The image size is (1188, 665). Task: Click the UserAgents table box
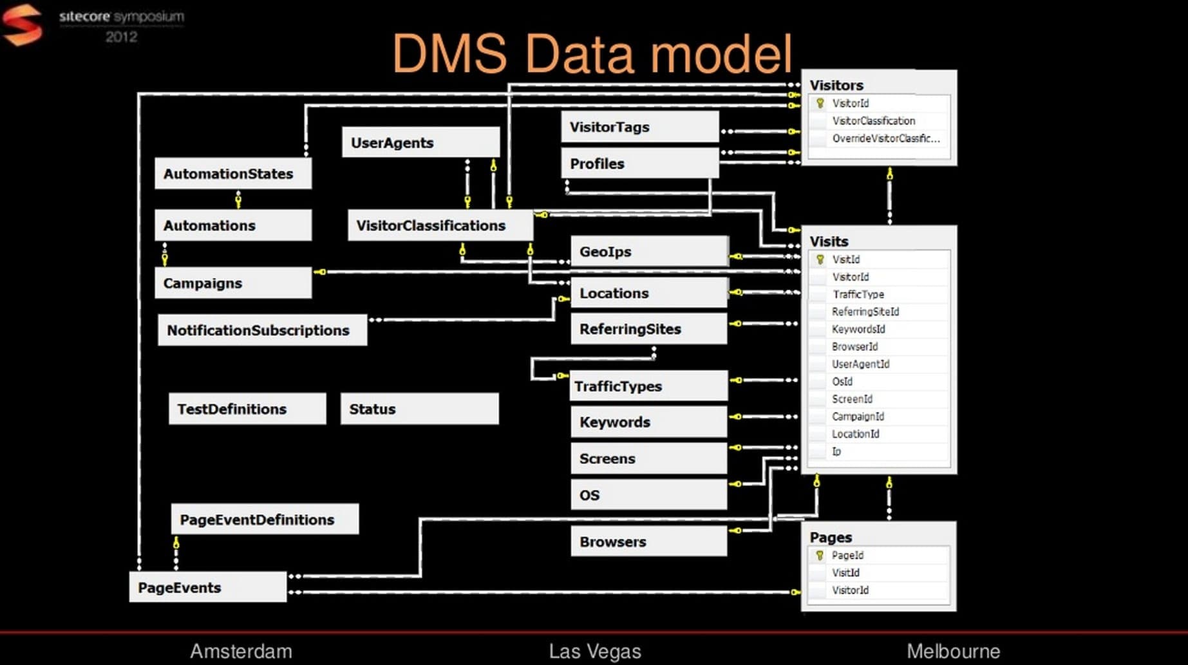click(x=420, y=142)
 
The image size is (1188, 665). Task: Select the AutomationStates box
click(x=233, y=174)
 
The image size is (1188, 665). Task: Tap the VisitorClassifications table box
click(x=440, y=225)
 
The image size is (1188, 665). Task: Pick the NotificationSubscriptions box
click(x=262, y=330)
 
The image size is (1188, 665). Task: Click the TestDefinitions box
click(x=247, y=409)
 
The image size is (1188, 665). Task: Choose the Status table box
click(x=419, y=409)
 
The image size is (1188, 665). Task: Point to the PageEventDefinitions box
click(x=265, y=520)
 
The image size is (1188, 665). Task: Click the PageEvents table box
click(x=208, y=587)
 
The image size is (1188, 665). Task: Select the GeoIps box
click(x=649, y=252)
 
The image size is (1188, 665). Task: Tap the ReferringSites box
click(x=649, y=329)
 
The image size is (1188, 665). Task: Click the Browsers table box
click(x=649, y=541)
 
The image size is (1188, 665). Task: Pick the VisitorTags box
click(x=640, y=127)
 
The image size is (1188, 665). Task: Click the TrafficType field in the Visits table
click(x=858, y=294)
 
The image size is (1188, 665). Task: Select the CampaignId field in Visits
click(x=858, y=417)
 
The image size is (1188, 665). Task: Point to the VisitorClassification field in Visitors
click(x=873, y=121)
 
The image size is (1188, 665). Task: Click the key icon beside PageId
click(x=820, y=555)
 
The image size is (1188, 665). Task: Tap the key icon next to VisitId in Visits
click(x=820, y=259)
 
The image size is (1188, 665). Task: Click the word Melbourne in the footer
click(x=953, y=651)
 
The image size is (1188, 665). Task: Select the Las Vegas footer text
click(x=595, y=651)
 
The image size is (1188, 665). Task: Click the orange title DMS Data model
click(x=592, y=54)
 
